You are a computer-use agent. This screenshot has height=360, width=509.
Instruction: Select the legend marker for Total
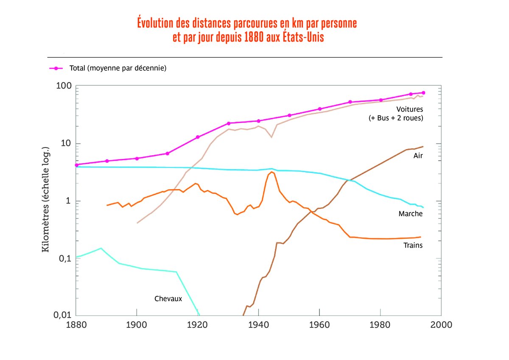tap(56, 68)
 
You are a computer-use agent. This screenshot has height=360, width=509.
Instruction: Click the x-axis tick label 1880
tap(76, 325)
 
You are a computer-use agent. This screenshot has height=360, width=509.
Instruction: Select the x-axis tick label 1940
tap(258, 325)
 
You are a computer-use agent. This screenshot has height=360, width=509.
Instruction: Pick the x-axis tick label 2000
tap(441, 325)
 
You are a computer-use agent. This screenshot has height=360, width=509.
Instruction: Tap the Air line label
tap(418, 156)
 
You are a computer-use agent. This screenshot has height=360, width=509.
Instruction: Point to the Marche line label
tap(411, 214)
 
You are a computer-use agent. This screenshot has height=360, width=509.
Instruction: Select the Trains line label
tap(413, 245)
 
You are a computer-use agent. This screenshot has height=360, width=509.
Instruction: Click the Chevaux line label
tap(168, 299)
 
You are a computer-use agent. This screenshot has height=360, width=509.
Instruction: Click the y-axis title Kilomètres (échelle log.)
tap(46, 200)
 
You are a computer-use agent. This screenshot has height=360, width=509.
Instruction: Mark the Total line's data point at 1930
tap(228, 123)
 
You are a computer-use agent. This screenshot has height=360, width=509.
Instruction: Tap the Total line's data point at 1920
tap(198, 137)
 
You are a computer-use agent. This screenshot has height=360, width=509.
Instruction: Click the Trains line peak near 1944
tap(271, 172)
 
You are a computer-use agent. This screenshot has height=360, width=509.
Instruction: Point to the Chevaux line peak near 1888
tap(101, 248)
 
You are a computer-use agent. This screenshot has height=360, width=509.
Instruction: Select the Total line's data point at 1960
tap(320, 109)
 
